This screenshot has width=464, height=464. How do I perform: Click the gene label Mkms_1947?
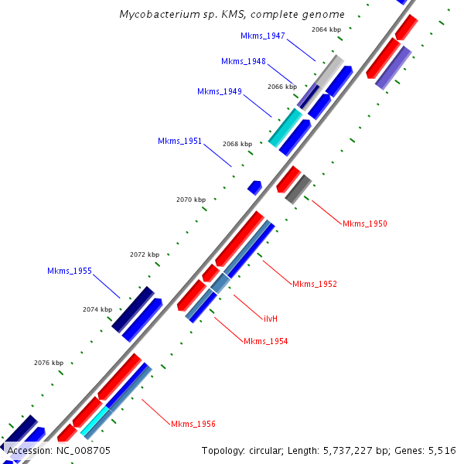pyautogui.click(x=263, y=36)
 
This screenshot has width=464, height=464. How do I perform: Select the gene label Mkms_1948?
pyautogui.click(x=243, y=61)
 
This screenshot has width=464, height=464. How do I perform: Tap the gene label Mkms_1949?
pyautogui.click(x=219, y=91)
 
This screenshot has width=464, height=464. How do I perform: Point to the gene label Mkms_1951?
pyautogui.click(x=179, y=141)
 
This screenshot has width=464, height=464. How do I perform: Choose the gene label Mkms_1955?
pyautogui.click(x=70, y=271)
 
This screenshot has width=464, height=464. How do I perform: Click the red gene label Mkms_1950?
pyautogui.click(x=365, y=223)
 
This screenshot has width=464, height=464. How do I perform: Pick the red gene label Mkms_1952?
pyautogui.click(x=315, y=284)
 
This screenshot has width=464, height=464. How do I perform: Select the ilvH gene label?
pyautogui.click(x=271, y=318)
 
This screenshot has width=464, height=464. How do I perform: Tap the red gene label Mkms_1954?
pyautogui.click(x=265, y=341)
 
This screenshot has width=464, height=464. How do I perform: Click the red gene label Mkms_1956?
pyautogui.click(x=193, y=424)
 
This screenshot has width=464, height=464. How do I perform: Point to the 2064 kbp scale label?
pyautogui.click(x=326, y=29)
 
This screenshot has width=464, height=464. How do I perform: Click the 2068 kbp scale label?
pyautogui.click(x=237, y=144)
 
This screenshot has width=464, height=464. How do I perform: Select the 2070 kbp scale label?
pyautogui.click(x=191, y=200)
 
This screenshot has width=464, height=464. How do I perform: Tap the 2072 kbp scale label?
pyautogui.click(x=145, y=254)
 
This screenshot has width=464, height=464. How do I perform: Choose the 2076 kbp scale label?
pyautogui.click(x=49, y=363)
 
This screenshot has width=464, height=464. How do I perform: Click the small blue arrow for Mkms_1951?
pyautogui.click(x=254, y=187)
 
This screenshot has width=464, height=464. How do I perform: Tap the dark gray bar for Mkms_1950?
pyautogui.click(x=299, y=189)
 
